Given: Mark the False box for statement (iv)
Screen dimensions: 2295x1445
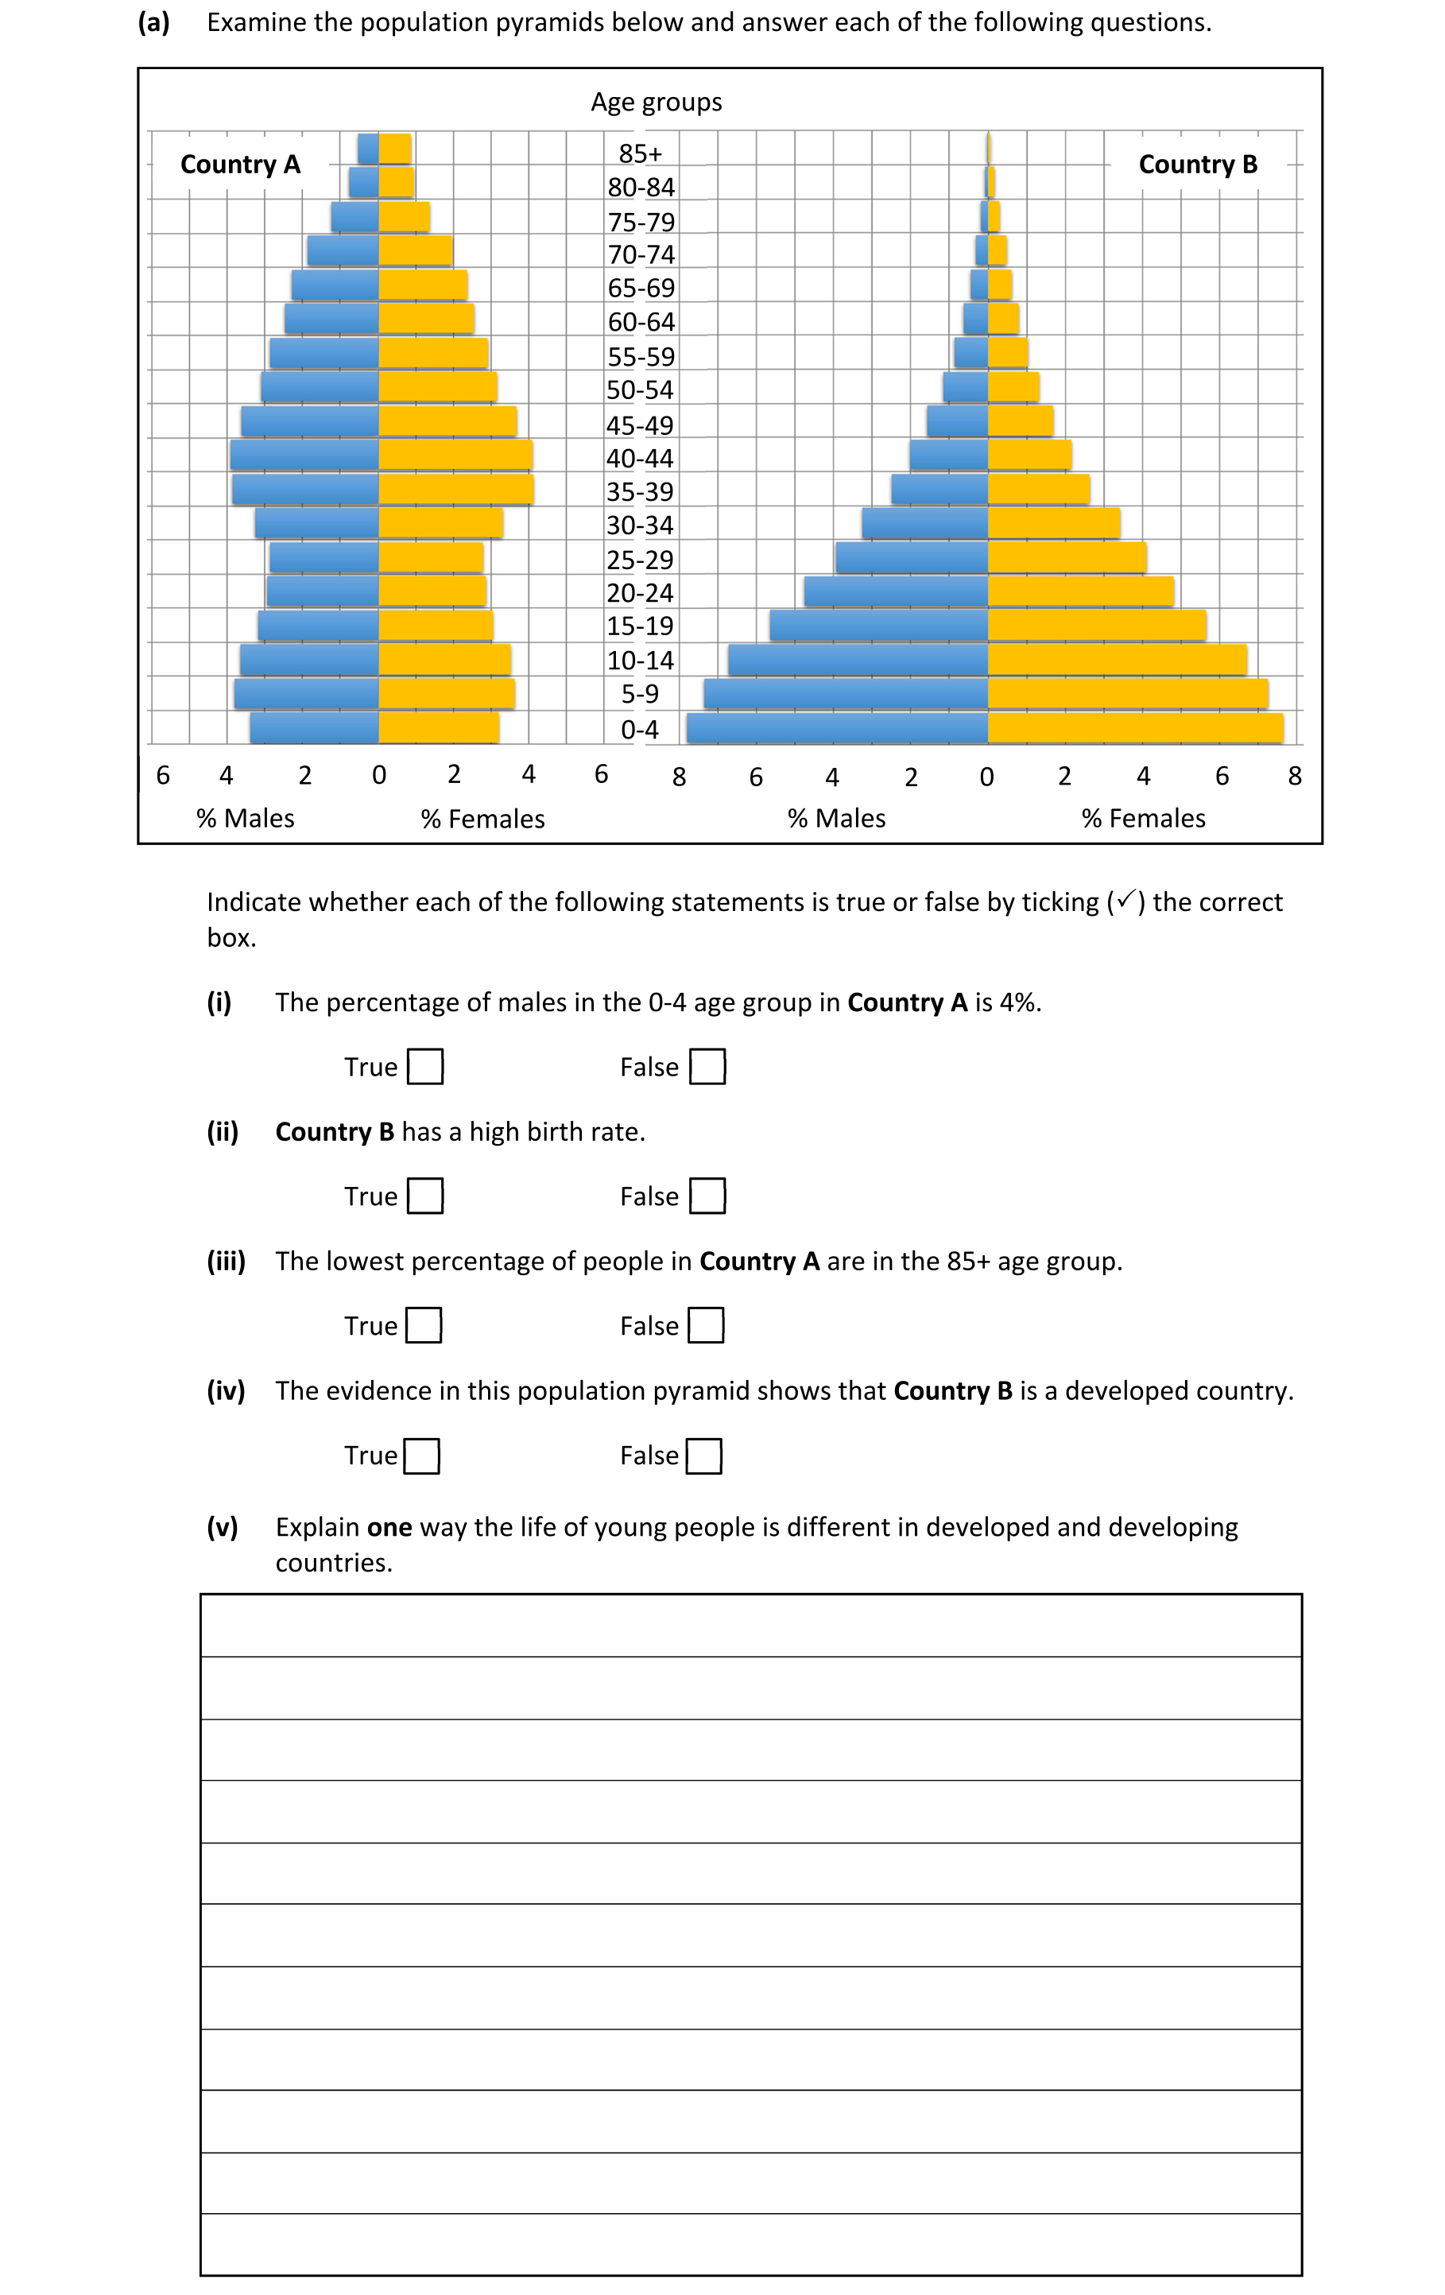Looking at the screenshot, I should click(x=704, y=1456).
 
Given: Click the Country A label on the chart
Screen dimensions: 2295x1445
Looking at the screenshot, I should click(x=240, y=164).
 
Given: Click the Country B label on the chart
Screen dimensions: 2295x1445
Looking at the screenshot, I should click(x=1197, y=164).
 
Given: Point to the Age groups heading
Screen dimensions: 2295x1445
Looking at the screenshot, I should click(x=656, y=102).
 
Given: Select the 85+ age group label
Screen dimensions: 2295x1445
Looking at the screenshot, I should click(x=640, y=153).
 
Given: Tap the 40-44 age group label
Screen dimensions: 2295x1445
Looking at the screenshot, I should click(x=640, y=459).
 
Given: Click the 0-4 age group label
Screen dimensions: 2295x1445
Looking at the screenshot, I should click(x=640, y=730).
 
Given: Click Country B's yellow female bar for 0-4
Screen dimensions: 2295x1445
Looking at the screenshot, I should click(x=1134, y=728).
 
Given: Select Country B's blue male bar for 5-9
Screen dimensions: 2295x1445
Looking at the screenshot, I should click(x=846, y=694).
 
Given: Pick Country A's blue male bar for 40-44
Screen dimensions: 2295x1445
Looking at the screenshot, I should click(x=304, y=456).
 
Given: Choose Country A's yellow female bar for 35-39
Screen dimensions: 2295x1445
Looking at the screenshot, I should click(x=455, y=490).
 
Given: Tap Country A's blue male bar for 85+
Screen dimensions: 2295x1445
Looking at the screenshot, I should click(x=368, y=149).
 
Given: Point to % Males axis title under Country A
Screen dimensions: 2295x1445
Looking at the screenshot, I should click(x=245, y=819).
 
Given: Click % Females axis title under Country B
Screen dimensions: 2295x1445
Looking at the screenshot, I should click(x=1143, y=819).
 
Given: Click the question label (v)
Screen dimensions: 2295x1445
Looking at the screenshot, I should click(x=222, y=1527).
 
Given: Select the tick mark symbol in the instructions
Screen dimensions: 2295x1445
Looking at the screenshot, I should click(x=1126, y=899).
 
